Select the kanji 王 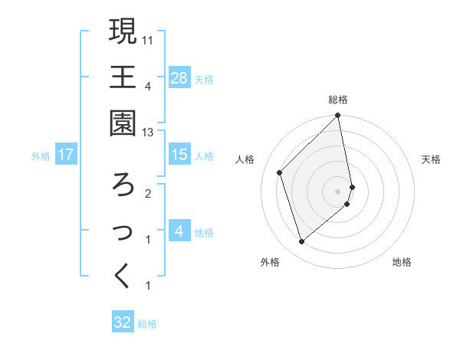click(123, 77)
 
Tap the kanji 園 click(123, 123)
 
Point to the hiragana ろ click(123, 185)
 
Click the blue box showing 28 click(179, 78)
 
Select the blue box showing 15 click(179, 155)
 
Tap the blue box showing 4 click(179, 231)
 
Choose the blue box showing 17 click(66, 155)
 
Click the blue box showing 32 click(123, 322)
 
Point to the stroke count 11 click(149, 38)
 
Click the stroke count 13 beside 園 click(149, 132)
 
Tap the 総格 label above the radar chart click(338, 100)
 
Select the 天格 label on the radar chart click(432, 159)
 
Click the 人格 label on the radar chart click(245, 159)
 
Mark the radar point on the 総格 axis click(338, 116)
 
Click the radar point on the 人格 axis click(280, 172)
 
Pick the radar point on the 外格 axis click(302, 241)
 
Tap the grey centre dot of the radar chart click(338, 191)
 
